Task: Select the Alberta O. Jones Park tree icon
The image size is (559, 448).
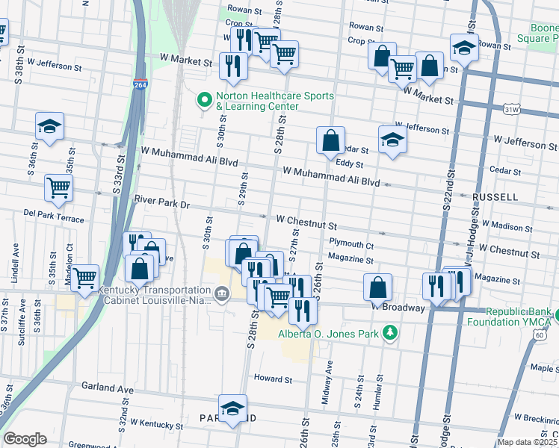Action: (389, 332)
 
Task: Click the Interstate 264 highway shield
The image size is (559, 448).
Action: (140, 84)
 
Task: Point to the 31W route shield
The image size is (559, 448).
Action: (511, 110)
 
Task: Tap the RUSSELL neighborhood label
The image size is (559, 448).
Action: (495, 197)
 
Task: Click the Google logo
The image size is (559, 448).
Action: (25, 439)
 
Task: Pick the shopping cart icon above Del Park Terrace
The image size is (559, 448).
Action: (58, 187)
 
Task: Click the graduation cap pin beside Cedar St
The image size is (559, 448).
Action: (392, 139)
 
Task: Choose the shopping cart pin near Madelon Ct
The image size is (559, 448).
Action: (85, 278)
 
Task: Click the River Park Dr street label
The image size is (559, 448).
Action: (163, 202)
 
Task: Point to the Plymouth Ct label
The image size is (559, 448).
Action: (350, 244)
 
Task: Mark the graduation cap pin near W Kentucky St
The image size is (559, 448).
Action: (233, 408)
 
